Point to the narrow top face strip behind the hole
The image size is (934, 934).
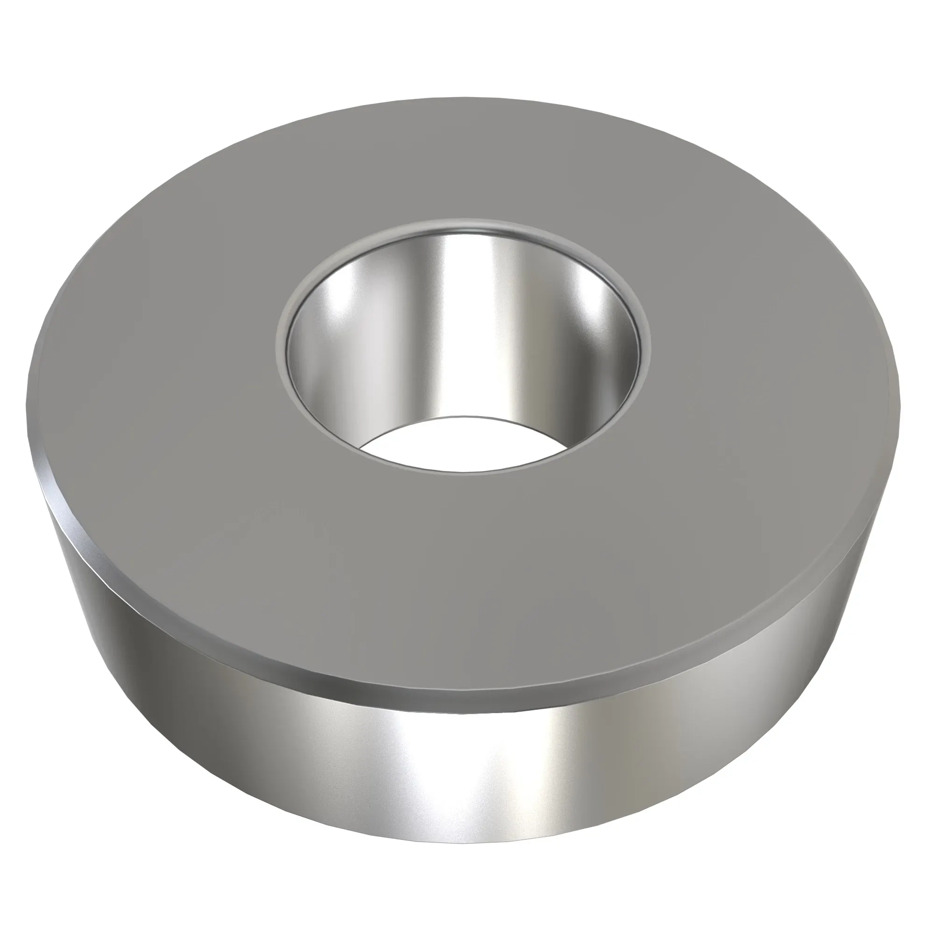(x=464, y=164)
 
